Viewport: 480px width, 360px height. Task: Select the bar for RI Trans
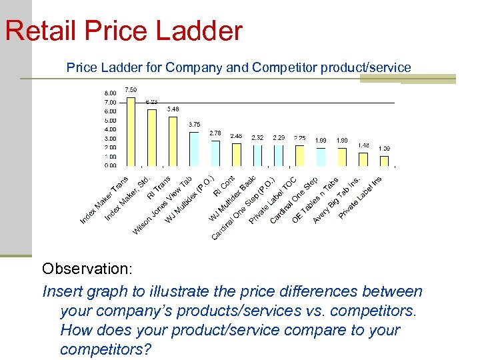173,141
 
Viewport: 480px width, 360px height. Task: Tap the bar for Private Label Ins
384,161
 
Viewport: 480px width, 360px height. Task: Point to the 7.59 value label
131,89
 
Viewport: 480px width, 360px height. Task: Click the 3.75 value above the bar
194,124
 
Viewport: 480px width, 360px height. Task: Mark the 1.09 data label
385,148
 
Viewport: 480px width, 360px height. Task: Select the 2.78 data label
215,133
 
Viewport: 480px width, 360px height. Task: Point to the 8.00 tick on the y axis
110,93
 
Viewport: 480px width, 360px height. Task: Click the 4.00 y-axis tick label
110,129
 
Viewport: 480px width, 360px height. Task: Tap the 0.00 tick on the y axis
110,165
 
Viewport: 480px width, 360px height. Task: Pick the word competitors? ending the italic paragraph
105,349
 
